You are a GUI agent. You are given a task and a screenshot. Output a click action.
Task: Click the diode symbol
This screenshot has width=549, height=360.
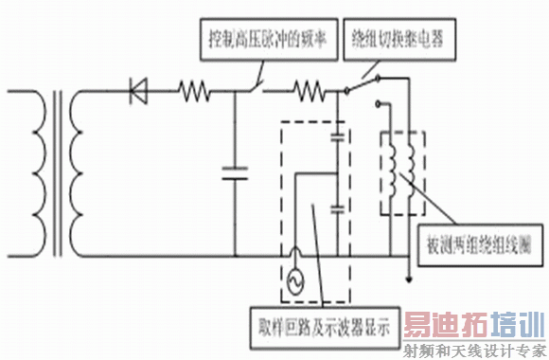138,91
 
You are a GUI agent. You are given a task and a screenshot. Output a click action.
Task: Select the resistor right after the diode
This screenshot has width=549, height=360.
195,92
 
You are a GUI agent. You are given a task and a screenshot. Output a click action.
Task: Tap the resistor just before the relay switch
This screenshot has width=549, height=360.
309,92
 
